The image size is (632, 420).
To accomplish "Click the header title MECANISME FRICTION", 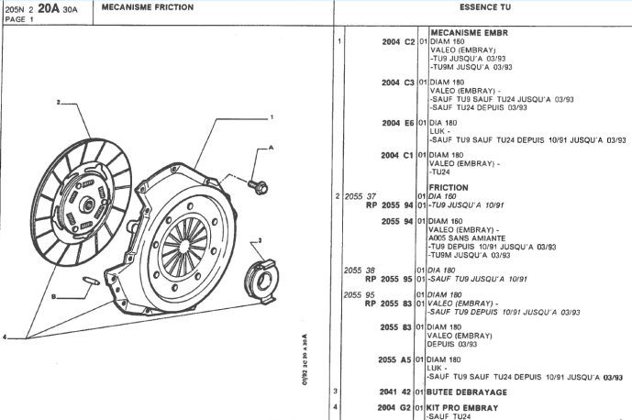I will pos(148,7).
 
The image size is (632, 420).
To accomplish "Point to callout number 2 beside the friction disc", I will pos(57,102).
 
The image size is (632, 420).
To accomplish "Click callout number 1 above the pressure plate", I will pos(272,116).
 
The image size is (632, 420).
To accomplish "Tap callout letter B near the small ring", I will pos(53,297).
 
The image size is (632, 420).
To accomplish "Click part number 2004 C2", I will pos(398,42).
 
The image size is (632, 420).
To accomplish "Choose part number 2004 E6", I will pos(398,122).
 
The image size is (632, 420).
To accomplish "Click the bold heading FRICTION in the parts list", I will pos(449,187).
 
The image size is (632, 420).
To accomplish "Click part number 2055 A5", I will pos(397,359).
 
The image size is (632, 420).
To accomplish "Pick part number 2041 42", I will pos(397,392).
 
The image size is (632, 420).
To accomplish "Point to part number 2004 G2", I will pos(397,406).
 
